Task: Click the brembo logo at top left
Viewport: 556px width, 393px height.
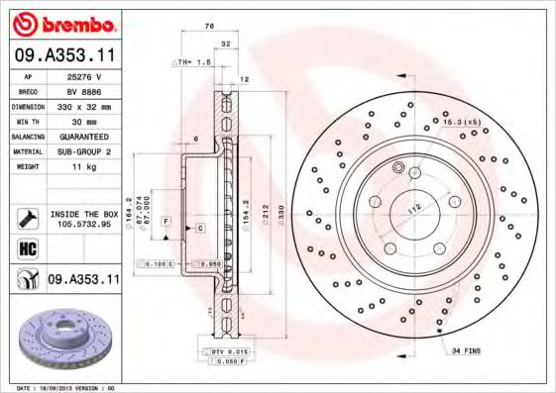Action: coord(63,23)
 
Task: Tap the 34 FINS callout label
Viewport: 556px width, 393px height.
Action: coord(467,350)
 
